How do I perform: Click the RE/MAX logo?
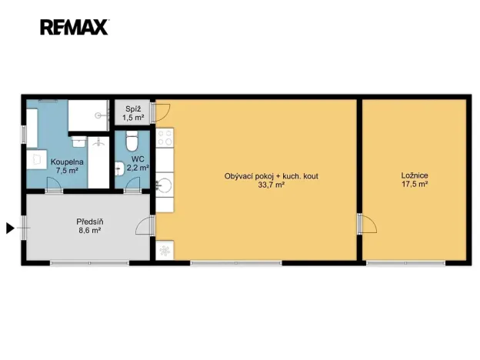pos(75,27)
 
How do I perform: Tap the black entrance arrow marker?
pos(11,228)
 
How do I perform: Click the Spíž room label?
pos(133,109)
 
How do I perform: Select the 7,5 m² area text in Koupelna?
pos(67,171)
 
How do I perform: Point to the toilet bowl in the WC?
pos(132,141)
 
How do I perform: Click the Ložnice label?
pos(415,175)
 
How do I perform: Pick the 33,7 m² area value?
pos(272,185)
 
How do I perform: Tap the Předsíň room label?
pos(90,222)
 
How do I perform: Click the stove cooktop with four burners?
pos(165,137)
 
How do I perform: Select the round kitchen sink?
pos(165,185)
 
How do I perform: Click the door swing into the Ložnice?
pos(369,224)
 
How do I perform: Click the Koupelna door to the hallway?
pos(54,185)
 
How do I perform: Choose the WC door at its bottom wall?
pos(133,185)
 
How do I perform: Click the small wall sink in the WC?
pos(119,168)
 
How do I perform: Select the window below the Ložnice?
pos(405,262)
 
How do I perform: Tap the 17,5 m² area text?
pos(415,185)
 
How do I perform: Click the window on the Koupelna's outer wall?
pos(24,134)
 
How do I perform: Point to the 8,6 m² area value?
pos(90,231)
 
